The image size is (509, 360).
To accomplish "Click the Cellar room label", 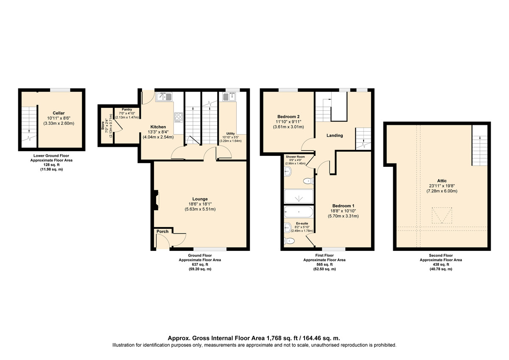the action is (x=59, y=113).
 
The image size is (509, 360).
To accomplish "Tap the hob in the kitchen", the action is (x=179, y=118).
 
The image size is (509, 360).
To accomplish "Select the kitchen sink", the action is (x=164, y=97).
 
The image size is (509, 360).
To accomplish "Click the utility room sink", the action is (x=229, y=97).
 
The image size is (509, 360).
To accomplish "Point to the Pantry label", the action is (x=127, y=110).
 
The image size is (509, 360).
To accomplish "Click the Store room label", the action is (x=103, y=126).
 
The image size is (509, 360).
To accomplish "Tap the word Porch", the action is (x=162, y=231).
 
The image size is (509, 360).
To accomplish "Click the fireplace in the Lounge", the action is (x=156, y=200).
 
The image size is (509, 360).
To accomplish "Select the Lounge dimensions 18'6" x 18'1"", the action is (x=200, y=204).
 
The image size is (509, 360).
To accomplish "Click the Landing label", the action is (x=335, y=135).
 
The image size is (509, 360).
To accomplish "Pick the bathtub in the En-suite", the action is (x=299, y=212).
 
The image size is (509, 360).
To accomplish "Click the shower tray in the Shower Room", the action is (x=299, y=196).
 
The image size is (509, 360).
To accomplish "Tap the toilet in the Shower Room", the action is (x=308, y=181).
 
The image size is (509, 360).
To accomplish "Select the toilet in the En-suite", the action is (x=289, y=241).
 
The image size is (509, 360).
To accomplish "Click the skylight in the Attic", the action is (x=442, y=215).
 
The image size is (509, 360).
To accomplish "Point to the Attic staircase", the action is (x=480, y=145).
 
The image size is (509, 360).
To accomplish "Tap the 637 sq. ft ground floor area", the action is (x=200, y=264).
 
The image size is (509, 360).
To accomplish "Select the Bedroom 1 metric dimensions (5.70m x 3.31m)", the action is (x=343, y=216).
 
